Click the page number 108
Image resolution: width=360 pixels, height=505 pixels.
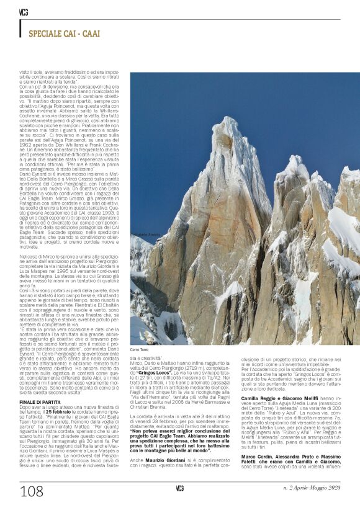pyautogui.click(x=31, y=491)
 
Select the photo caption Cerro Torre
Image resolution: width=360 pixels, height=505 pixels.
pyautogui.click(x=140, y=350)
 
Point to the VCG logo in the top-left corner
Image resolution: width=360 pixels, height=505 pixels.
pyautogui.click(x=24, y=12)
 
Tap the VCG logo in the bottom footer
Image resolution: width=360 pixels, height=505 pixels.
pyautogui.click(x=180, y=487)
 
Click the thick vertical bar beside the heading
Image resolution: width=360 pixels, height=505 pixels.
pyautogui.click(x=20, y=28)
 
